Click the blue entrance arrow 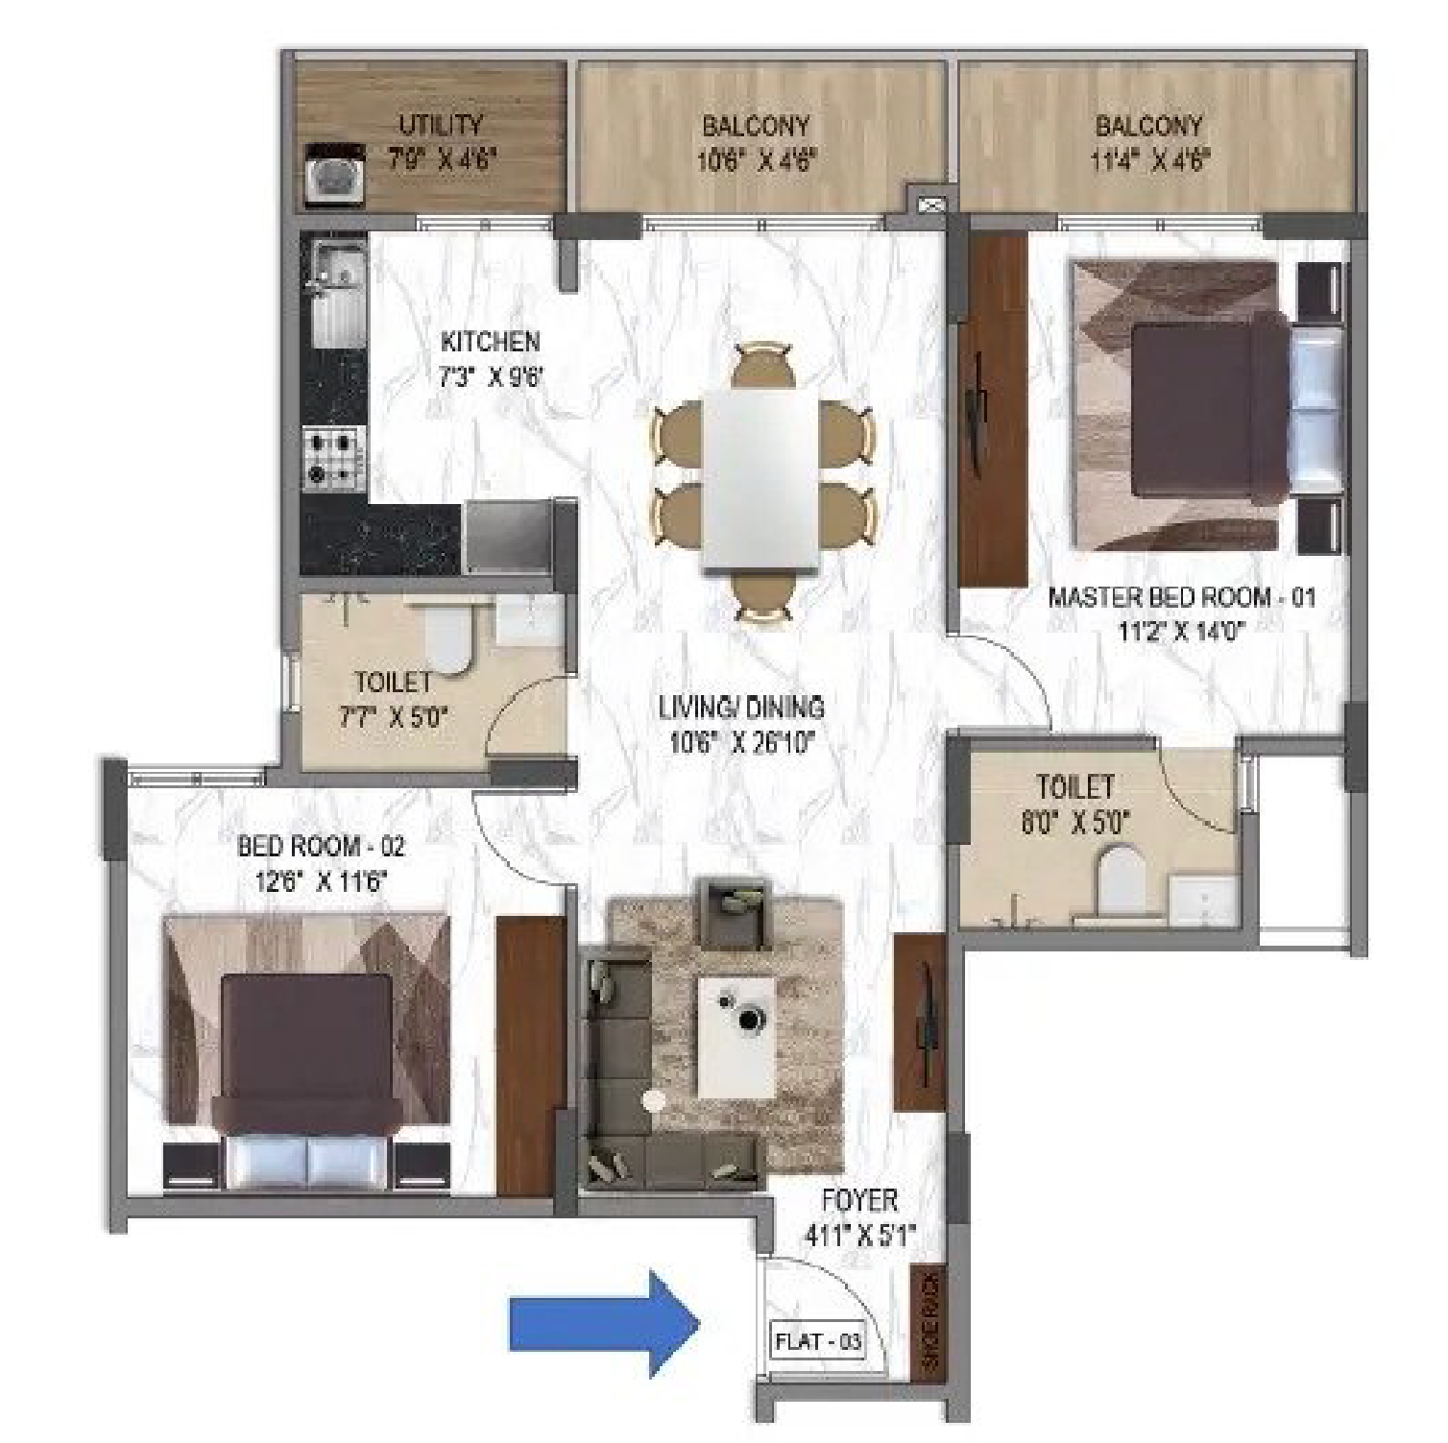pos(603,1324)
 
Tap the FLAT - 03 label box pos(818,1341)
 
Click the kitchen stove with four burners pos(332,457)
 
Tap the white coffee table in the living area pos(736,1038)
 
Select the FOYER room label pos(859,1200)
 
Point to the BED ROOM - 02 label pos(321,846)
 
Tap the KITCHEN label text pos(490,341)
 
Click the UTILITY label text pos(441,125)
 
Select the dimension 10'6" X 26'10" pos(741,742)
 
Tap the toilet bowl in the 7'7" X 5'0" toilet pos(446,637)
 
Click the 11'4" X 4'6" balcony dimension pos(1149,159)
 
